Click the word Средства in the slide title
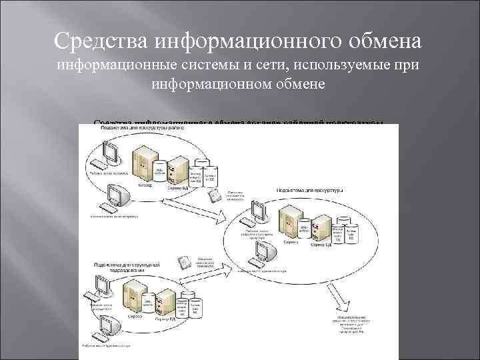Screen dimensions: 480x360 click(101, 41)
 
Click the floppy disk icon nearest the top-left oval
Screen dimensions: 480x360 click(215, 197)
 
